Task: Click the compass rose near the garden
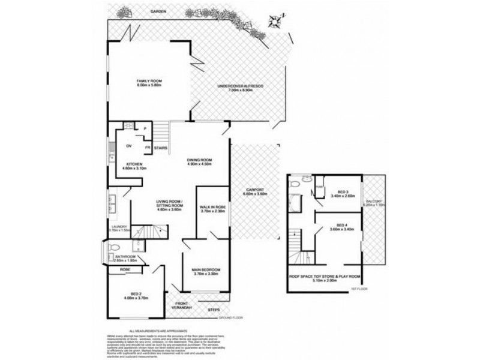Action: (274, 21)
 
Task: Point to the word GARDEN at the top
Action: (158, 11)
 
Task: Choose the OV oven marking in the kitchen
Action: (128, 146)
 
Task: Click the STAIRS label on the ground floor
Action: (160, 148)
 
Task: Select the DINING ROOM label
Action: (200, 160)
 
